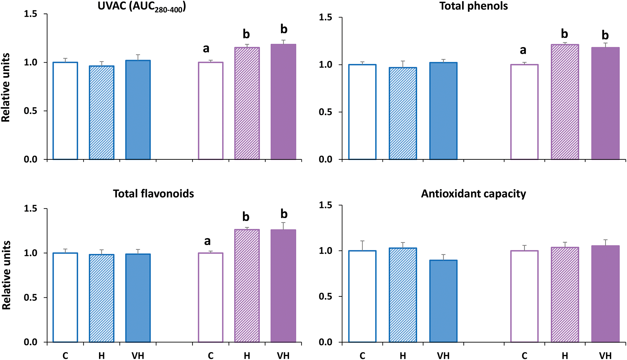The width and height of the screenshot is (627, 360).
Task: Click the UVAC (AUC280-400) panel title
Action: (x=142, y=7)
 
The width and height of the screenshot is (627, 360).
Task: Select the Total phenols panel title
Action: (x=473, y=6)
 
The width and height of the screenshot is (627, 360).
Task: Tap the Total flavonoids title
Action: (x=153, y=193)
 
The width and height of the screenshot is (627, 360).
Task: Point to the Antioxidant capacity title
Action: (x=473, y=193)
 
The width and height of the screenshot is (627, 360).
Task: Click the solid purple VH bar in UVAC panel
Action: (x=283, y=102)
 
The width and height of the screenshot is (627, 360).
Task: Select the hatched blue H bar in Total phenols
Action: (x=403, y=114)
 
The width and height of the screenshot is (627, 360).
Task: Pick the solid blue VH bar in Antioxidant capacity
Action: (x=443, y=301)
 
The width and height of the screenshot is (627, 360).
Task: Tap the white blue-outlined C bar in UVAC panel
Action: (x=65, y=111)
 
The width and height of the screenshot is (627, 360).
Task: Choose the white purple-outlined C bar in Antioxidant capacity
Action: (x=524, y=296)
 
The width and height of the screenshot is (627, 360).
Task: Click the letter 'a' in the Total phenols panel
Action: (x=523, y=50)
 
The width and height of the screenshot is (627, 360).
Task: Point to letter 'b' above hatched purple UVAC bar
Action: (x=246, y=34)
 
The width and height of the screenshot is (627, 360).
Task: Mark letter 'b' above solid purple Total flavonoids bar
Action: (x=284, y=214)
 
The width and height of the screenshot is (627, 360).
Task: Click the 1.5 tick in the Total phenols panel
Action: (x=326, y=17)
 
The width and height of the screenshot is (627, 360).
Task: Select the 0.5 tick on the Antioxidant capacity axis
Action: (x=326, y=296)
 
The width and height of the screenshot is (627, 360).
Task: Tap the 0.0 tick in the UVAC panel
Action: (x=31, y=159)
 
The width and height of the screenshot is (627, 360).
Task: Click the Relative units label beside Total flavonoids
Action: (x=6, y=275)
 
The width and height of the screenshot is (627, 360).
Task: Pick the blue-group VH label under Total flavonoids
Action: (x=138, y=356)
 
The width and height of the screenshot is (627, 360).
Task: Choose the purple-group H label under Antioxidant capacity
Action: (x=565, y=356)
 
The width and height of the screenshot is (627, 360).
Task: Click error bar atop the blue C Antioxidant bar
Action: (x=362, y=245)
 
